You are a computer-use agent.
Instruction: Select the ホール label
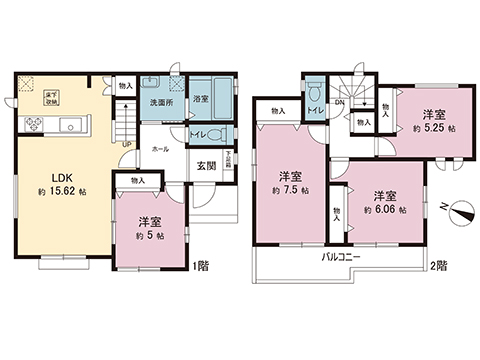[160, 147]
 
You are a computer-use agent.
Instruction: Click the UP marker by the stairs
[126, 143]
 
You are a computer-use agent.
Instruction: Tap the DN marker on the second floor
[339, 101]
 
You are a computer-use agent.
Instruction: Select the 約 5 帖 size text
[152, 236]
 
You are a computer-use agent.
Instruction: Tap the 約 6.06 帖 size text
[385, 209]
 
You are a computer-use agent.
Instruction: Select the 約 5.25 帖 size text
[432, 128]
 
